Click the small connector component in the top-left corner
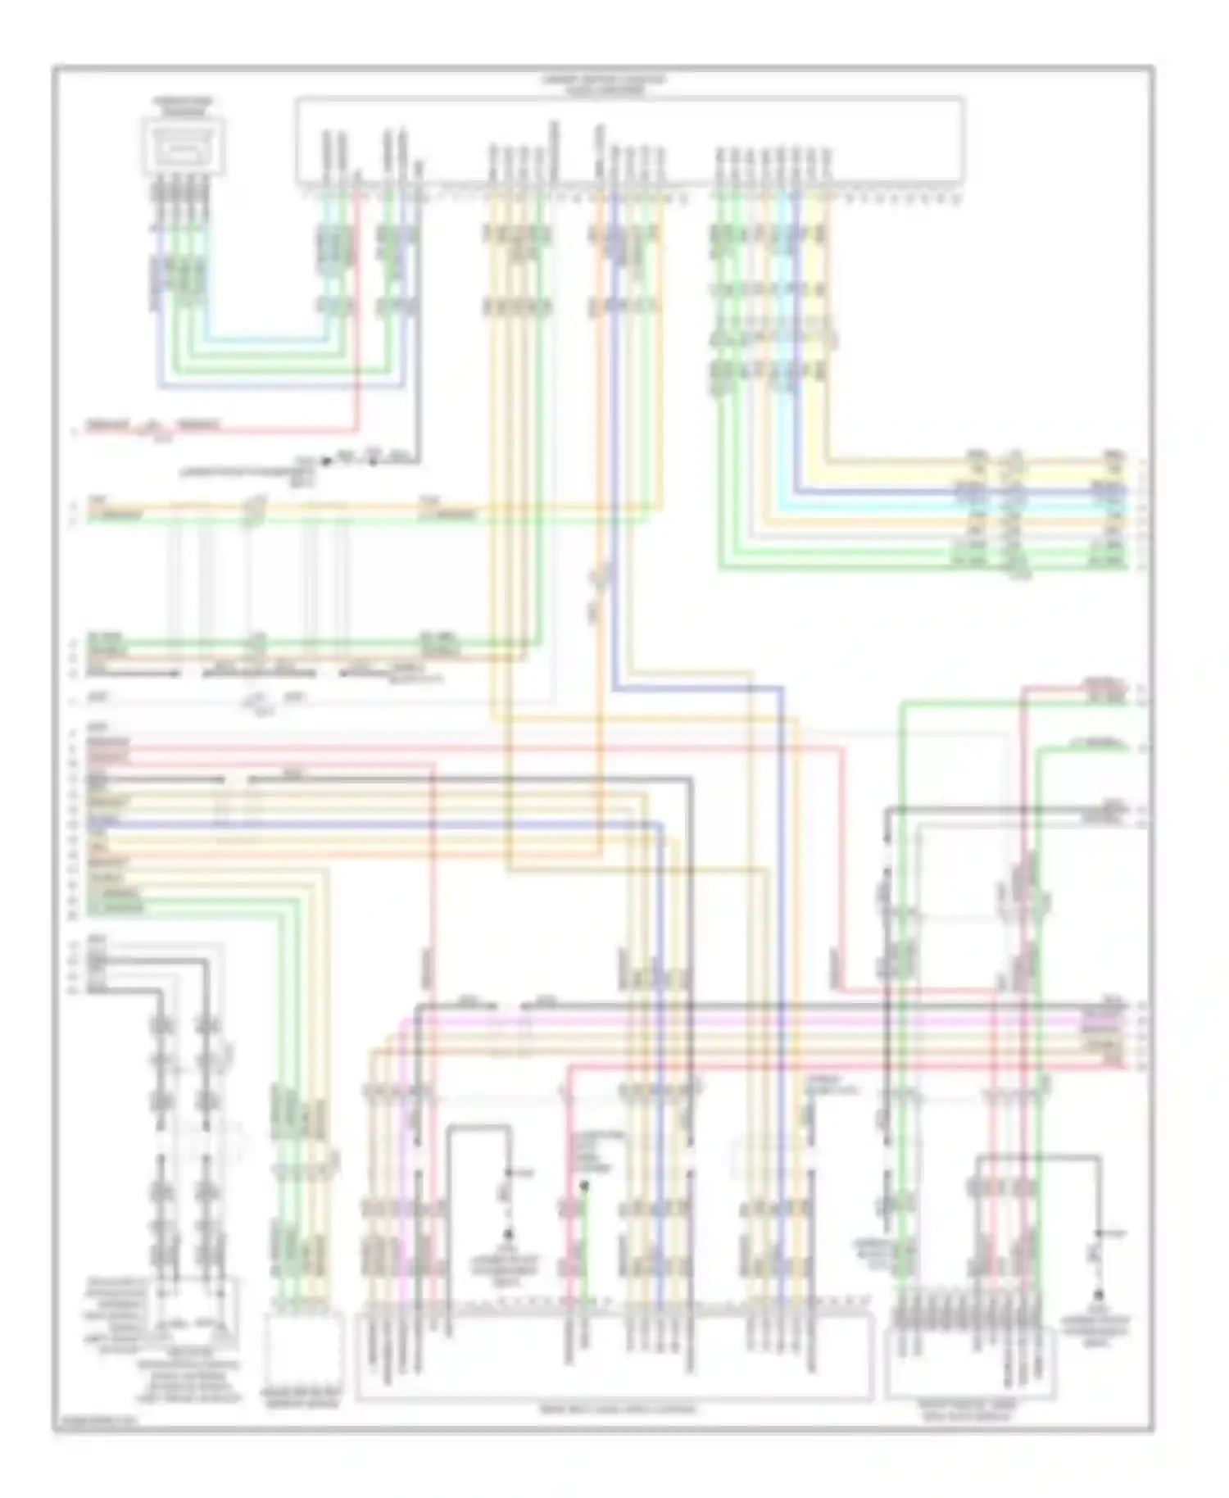click(x=183, y=146)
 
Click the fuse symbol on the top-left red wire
click(x=153, y=427)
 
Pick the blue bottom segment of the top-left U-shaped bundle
click(x=279, y=384)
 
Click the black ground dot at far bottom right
click(x=1099, y=1294)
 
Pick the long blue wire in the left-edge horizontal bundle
click(x=369, y=822)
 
